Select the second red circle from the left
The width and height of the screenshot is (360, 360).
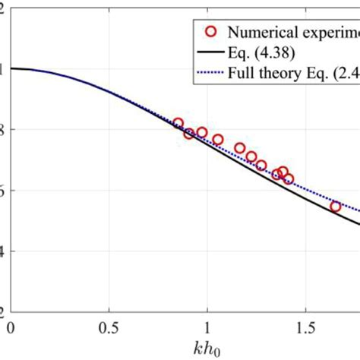tap(189, 134)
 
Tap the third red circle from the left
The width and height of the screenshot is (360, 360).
tap(201, 133)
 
